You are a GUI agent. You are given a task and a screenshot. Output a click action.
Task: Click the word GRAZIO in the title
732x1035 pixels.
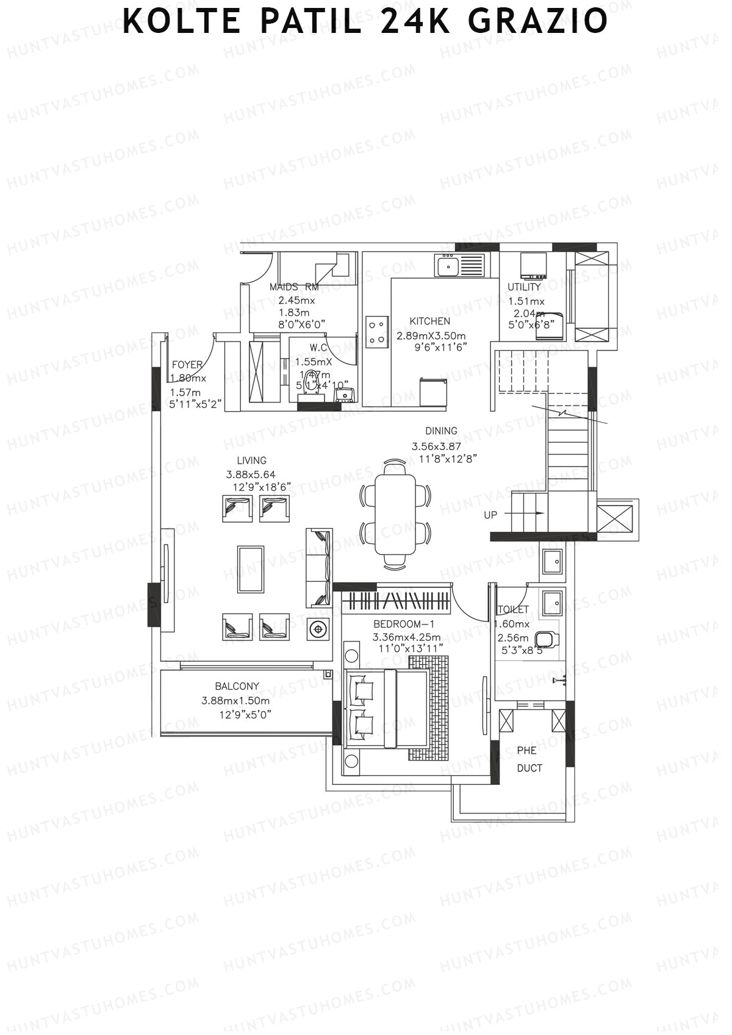538,21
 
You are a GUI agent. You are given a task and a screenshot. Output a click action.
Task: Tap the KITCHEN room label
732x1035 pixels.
429,321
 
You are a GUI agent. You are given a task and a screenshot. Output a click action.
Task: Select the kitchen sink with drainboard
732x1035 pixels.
459,266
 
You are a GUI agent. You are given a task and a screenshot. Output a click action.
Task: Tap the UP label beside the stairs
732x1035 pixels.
490,515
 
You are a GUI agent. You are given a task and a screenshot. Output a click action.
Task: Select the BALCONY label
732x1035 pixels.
237,686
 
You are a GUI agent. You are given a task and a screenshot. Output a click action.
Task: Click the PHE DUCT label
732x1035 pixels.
529,759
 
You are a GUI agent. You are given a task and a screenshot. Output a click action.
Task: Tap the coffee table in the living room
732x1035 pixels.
251,569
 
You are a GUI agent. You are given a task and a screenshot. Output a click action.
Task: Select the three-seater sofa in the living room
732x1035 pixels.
319,568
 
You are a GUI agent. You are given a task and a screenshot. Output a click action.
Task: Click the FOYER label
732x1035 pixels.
187,365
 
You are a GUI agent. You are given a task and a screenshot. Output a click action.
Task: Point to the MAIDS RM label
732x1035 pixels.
294,287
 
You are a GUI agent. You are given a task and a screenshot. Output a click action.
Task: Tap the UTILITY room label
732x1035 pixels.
524,287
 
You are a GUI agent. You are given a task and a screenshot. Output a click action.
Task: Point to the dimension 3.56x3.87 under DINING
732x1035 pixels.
436,446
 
